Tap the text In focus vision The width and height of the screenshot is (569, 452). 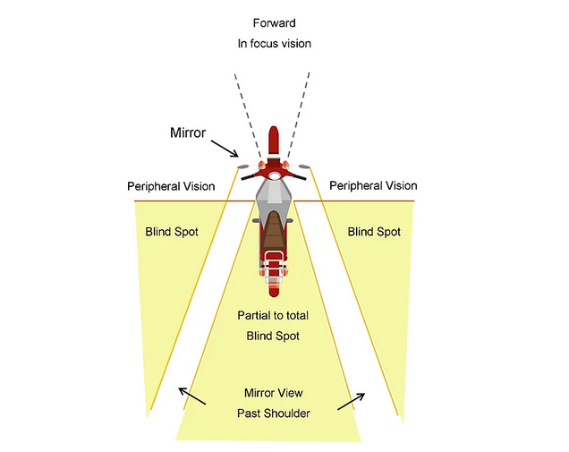coord(275,43)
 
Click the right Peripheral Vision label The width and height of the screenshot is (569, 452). coord(373,185)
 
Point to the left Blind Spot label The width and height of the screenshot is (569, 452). coord(172,232)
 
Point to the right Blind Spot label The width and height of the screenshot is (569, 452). coord(374,232)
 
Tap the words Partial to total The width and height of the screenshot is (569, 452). coord(274,316)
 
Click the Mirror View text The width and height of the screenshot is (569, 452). coord(274,392)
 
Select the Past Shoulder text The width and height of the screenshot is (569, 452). coord(274,413)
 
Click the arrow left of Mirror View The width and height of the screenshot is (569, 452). coord(192,395)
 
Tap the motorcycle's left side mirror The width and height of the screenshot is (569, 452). coord(242,166)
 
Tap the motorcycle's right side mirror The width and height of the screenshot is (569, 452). coord(305,166)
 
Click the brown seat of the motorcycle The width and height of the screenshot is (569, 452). coord(274,235)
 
